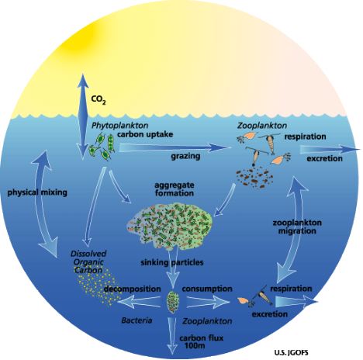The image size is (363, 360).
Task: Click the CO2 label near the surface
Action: pos(99,100)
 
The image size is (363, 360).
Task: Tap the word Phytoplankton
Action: pos(120,126)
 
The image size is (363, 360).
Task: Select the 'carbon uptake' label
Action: pos(145,134)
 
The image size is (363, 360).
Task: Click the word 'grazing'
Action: pos(185,156)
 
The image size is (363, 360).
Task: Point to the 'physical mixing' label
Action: pos(37,192)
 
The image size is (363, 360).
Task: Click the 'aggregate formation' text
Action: pos(175,189)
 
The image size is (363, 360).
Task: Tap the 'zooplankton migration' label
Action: pos(297,227)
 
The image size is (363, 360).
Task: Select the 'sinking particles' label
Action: pos(172,262)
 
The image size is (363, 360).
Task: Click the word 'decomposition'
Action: pos(132,289)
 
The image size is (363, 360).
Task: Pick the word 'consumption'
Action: pos(207,289)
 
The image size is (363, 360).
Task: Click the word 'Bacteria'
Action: pos(137,320)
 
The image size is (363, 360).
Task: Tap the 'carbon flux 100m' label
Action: pos(201,341)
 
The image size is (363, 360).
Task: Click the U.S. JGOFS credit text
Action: pos(291,352)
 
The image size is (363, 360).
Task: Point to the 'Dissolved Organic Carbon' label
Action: pos(88,261)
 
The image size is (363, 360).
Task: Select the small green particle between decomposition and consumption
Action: pos(173,302)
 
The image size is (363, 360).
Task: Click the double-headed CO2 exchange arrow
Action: pos(83,116)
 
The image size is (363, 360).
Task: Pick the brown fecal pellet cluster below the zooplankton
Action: pos(255,178)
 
